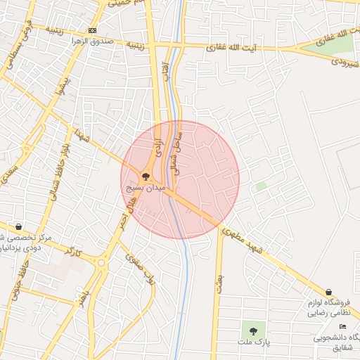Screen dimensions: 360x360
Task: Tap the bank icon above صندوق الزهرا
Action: coord(93,30)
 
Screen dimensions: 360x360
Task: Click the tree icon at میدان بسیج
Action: coord(146,177)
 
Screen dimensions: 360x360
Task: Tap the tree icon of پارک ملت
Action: coord(252,328)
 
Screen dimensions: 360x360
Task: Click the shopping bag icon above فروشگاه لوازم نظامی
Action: coord(328,292)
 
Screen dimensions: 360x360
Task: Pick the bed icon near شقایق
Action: coord(342,327)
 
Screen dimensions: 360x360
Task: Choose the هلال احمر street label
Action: coord(127,214)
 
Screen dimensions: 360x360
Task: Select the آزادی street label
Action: coord(159,147)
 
